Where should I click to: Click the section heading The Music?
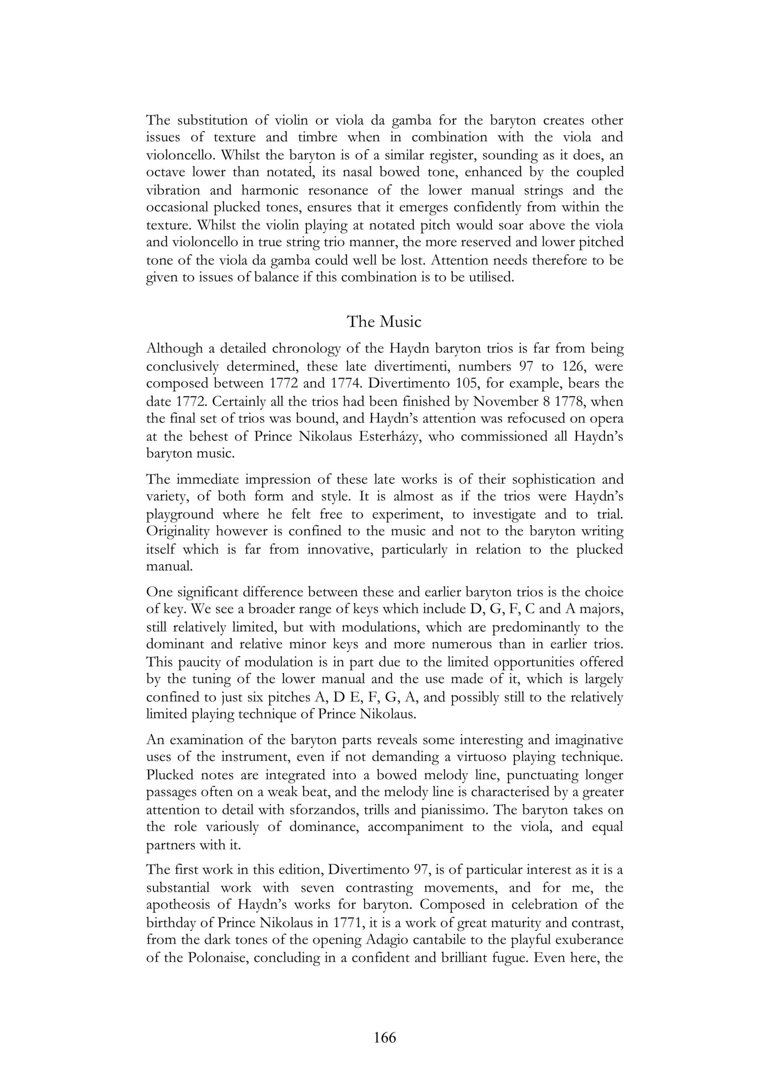pos(384,322)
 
